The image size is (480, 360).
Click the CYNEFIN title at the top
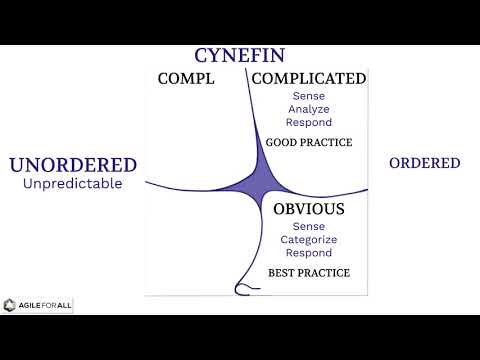click(x=240, y=56)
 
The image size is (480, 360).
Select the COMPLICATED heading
click(x=308, y=79)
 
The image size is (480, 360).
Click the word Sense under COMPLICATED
click(x=308, y=96)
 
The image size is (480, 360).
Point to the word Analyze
click(x=308, y=109)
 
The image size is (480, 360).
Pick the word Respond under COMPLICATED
click(x=308, y=122)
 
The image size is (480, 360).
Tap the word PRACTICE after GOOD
click(x=330, y=142)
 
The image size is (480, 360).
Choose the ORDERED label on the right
click(x=424, y=163)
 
